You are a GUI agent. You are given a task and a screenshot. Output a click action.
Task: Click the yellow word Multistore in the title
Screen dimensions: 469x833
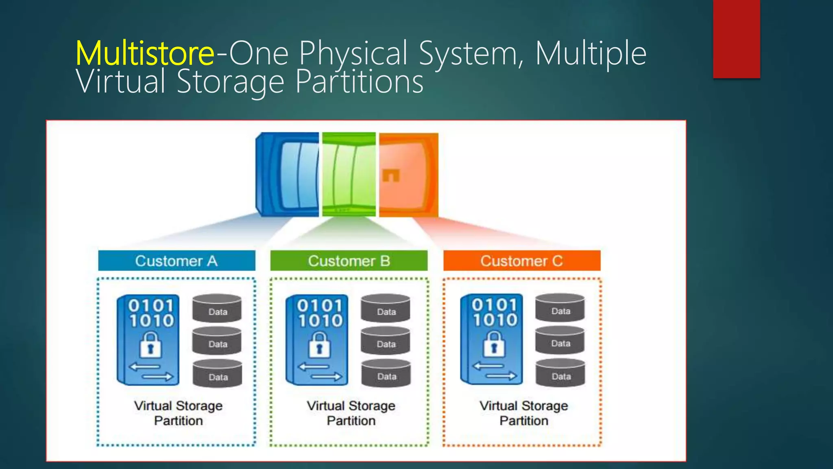[x=145, y=53]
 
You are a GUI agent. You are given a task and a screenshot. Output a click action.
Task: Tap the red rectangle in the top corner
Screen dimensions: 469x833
[x=736, y=39]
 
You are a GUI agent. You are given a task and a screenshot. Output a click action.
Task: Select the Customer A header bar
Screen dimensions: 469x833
[x=177, y=261]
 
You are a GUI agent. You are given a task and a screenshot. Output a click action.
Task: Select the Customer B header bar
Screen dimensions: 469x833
[x=349, y=261]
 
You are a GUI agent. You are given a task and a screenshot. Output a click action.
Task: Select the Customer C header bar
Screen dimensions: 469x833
[x=521, y=261]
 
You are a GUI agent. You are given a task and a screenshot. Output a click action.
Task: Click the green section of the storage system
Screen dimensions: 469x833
[x=349, y=174]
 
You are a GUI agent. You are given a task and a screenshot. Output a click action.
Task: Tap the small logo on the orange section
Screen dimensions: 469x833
[x=391, y=176]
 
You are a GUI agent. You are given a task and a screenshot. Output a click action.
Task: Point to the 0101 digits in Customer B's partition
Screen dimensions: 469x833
[x=320, y=306]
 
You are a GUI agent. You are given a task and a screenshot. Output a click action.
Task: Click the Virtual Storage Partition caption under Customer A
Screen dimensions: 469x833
[x=178, y=413]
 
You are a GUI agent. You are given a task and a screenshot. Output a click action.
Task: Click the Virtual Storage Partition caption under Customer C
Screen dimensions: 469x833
[x=523, y=413]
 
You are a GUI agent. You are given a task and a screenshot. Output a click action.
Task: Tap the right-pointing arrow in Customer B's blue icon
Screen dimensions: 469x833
[x=326, y=377]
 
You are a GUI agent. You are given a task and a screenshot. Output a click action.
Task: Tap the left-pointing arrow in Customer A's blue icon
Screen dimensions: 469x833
[x=144, y=367]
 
